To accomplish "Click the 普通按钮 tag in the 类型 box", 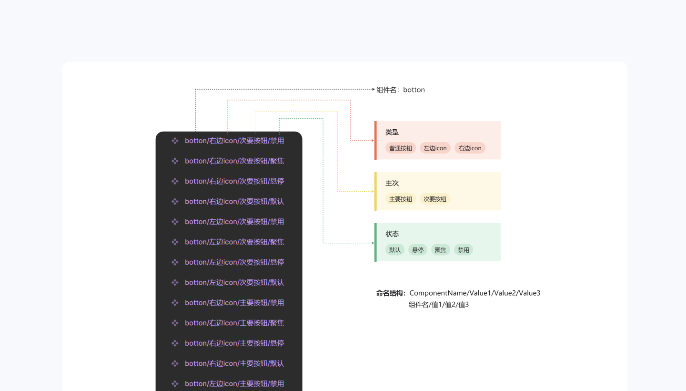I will point(401,148).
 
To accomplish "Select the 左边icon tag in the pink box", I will point(435,148).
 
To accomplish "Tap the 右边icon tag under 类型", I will point(470,148).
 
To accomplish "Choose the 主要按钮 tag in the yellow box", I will point(401,199).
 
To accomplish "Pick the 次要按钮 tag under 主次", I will point(435,199).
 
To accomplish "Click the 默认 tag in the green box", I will point(395,250).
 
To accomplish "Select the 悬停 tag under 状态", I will point(418,250).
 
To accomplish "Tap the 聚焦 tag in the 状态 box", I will point(441,250).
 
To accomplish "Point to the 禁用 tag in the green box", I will point(464,250).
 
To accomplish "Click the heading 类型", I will point(392,132).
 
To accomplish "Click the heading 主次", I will point(392,183).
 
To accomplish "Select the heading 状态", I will point(392,234).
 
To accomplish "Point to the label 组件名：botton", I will point(401,90).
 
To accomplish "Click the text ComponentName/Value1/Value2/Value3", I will point(475,293).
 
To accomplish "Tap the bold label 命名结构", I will point(390,293).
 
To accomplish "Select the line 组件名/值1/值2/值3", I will point(439,305).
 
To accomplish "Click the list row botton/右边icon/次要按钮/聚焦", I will point(234,161).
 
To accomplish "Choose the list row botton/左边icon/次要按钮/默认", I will point(234,283).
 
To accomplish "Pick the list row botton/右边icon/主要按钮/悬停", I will point(234,343).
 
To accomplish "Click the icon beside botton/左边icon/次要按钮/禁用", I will point(175,222).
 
